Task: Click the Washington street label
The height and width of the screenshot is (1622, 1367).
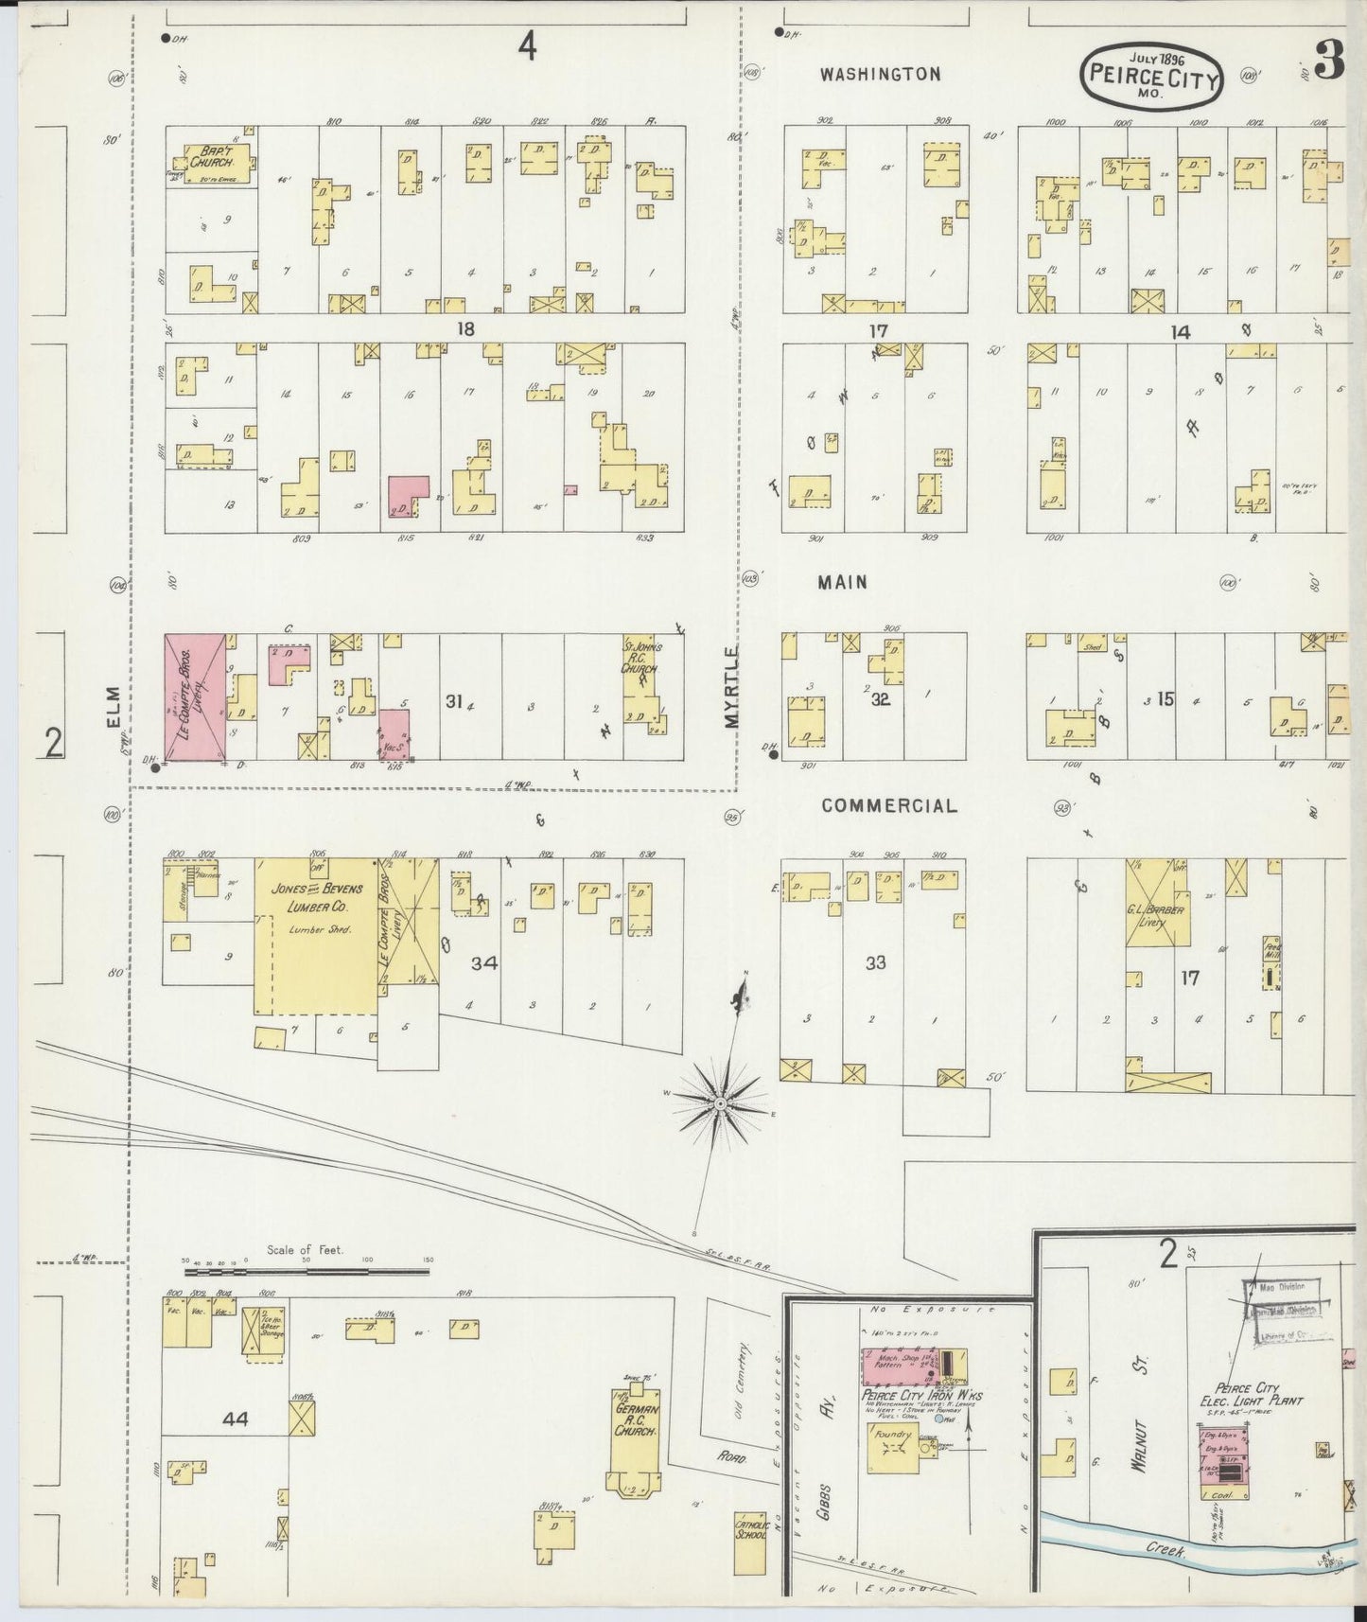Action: pos(880,74)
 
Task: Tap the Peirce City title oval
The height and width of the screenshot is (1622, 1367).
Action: pos(1151,76)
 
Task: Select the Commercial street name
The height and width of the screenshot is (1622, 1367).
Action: pos(888,805)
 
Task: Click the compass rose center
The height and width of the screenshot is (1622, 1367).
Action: pos(721,1104)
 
